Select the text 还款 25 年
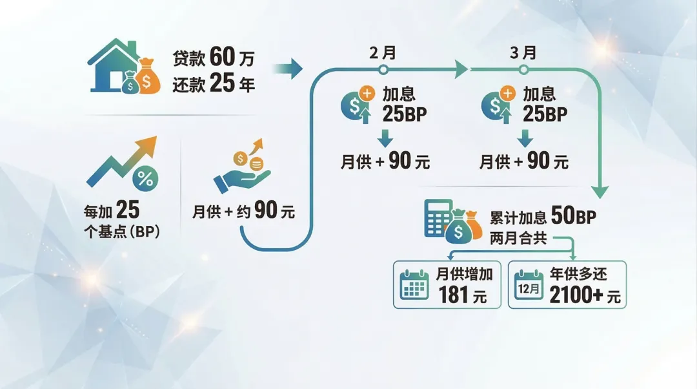pyautogui.click(x=214, y=85)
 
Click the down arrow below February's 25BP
pyautogui.click(x=385, y=138)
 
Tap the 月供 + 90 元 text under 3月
pyautogui.click(x=523, y=162)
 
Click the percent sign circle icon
pyautogui.click(x=146, y=179)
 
